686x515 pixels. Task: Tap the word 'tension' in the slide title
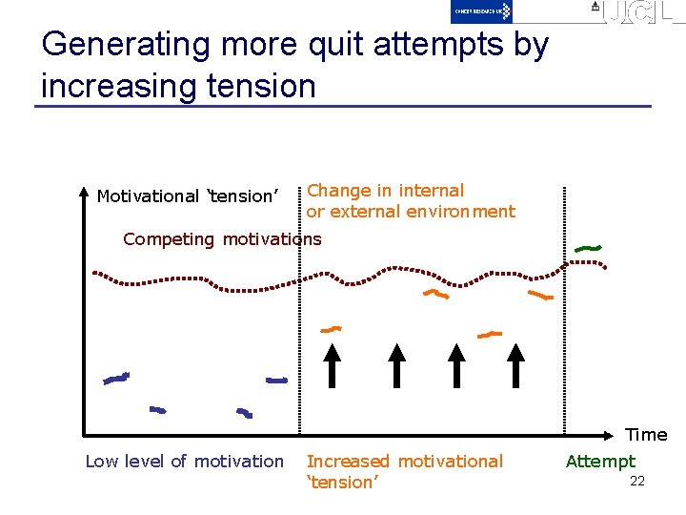pos(254,86)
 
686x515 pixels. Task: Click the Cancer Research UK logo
pos(481,10)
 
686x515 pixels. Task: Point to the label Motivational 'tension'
pos(187,196)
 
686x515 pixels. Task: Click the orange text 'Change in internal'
pos(385,191)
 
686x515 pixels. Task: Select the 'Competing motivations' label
pos(222,239)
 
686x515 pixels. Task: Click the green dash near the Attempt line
pos(588,249)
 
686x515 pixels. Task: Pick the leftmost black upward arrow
pos(332,365)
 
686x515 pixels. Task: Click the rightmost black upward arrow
pos(515,365)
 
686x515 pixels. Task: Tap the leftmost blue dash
pos(116,379)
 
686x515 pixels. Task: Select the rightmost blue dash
pos(276,381)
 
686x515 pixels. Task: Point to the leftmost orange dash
pos(331,329)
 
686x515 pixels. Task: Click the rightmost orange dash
pos(540,296)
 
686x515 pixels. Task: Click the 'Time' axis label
pos(646,435)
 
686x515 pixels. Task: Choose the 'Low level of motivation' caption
pos(185,462)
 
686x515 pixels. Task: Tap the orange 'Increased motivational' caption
pos(404,462)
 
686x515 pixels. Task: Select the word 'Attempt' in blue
pos(600,462)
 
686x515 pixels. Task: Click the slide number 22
pos(637,481)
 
